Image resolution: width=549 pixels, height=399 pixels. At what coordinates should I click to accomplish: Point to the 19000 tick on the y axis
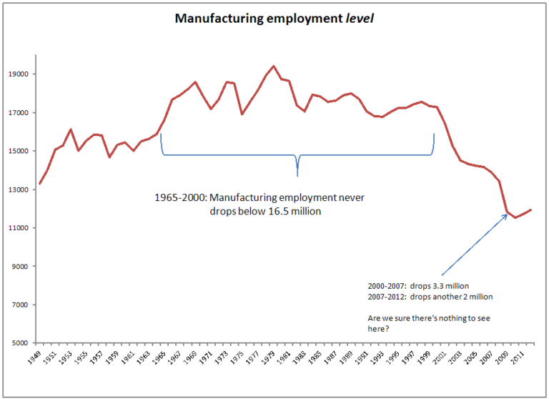(x=18, y=74)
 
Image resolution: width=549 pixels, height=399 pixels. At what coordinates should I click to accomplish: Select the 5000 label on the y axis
(x=20, y=343)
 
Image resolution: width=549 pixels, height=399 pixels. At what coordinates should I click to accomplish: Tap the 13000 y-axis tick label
(x=18, y=189)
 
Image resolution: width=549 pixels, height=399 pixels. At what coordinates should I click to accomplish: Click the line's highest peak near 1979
(x=273, y=66)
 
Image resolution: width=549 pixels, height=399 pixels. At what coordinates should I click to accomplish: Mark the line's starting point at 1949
(x=39, y=184)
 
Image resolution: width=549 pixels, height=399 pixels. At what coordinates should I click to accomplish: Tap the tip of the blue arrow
(x=508, y=213)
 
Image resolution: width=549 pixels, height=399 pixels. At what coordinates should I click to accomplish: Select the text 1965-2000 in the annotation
(x=176, y=197)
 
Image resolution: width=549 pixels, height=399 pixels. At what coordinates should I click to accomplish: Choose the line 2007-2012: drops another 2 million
(x=429, y=297)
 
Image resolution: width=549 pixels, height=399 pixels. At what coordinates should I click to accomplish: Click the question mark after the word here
(x=387, y=329)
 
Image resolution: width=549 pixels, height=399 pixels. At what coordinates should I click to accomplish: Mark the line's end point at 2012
(x=531, y=210)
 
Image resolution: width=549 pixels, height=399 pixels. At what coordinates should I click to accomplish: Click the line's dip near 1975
(x=242, y=114)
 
